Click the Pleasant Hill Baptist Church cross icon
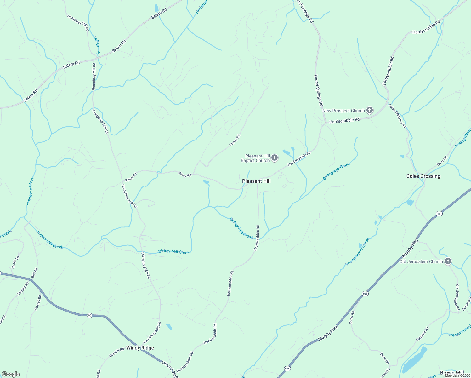pos(275,158)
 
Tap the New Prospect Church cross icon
pos(370,110)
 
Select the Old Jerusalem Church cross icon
pos(448,261)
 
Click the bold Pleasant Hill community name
pos(256,181)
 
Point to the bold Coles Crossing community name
pos(423,176)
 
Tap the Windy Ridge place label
pos(140,348)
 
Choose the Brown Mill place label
pos(452,373)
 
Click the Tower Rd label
pos(235,140)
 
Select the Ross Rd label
pos(442,161)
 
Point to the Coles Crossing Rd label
pos(397,116)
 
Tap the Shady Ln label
pos(15,262)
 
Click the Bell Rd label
pos(34,273)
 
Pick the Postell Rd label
pos(38,302)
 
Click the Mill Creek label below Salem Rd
pos(96,45)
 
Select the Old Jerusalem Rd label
pos(457,297)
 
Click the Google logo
pos(10,374)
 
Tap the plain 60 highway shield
pos(90,315)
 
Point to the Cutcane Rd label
pos(422,334)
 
